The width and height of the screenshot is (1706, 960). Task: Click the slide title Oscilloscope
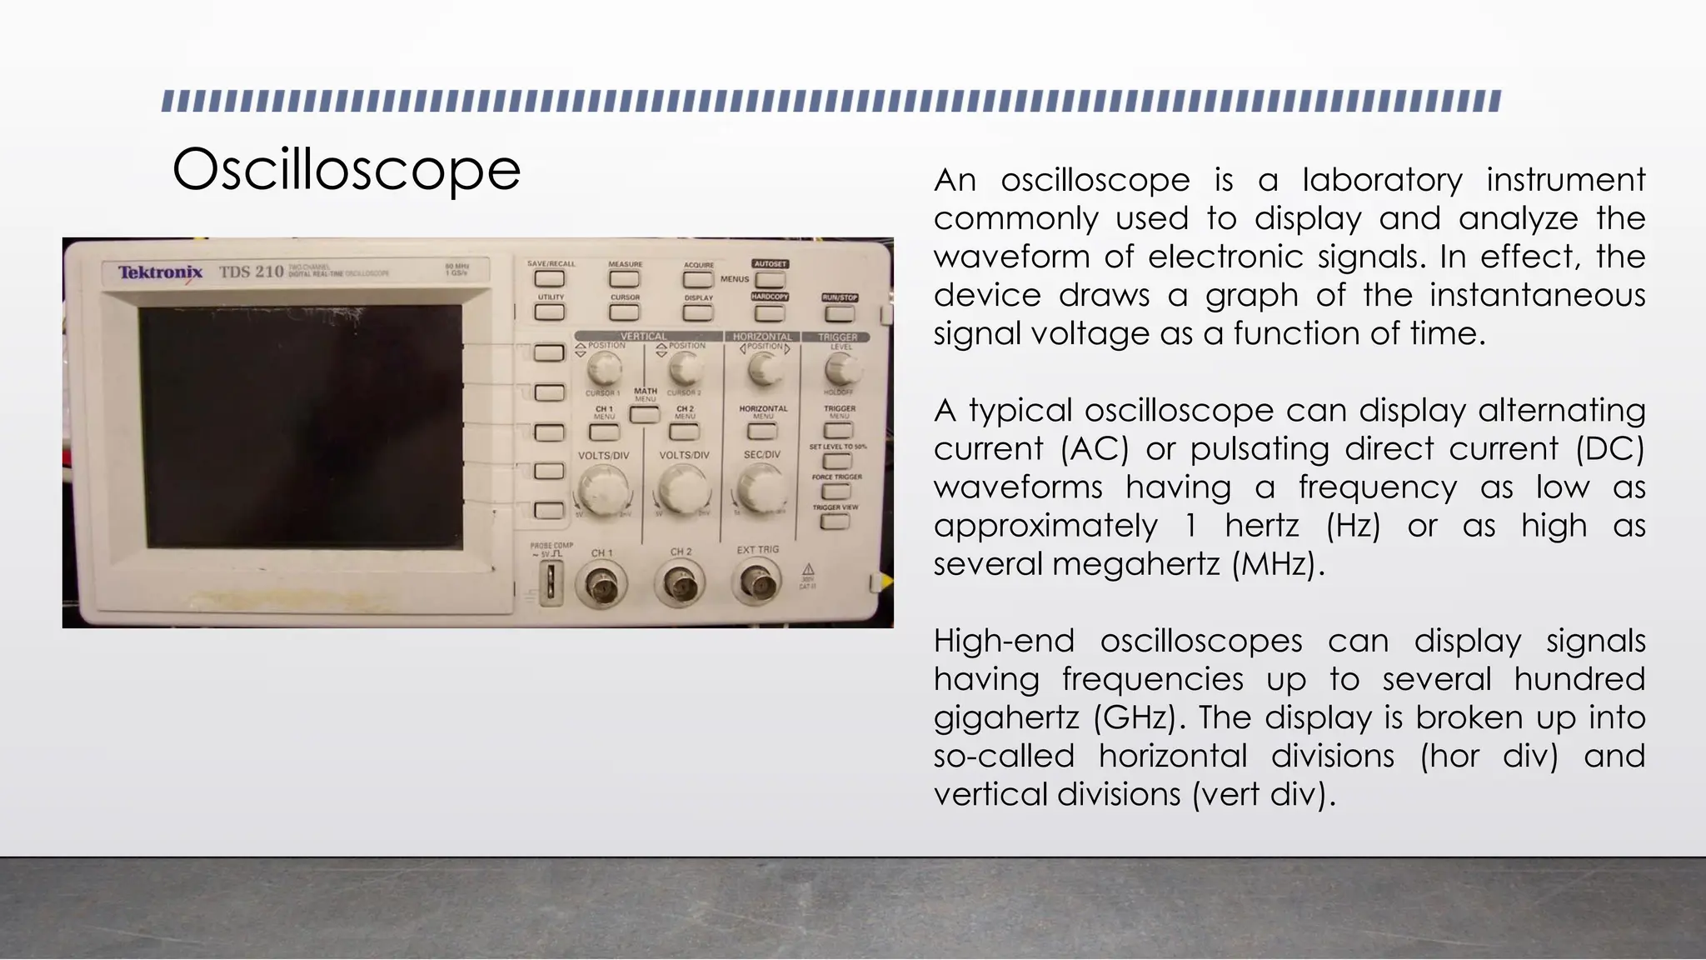[346, 169]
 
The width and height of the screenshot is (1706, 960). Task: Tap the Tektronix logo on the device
[160, 272]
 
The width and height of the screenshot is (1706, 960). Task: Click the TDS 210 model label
[251, 272]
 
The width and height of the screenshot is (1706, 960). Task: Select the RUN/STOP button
[839, 313]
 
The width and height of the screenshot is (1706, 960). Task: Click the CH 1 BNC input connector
[601, 584]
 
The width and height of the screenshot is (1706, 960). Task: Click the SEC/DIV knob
[761, 488]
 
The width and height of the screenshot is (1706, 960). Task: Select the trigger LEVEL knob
[841, 368]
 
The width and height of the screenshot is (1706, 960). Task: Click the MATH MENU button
[645, 412]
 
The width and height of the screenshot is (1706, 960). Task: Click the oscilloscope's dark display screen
[300, 425]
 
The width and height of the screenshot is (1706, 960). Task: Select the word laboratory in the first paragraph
[1382, 180]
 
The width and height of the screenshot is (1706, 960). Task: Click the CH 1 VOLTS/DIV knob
[602, 490]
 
